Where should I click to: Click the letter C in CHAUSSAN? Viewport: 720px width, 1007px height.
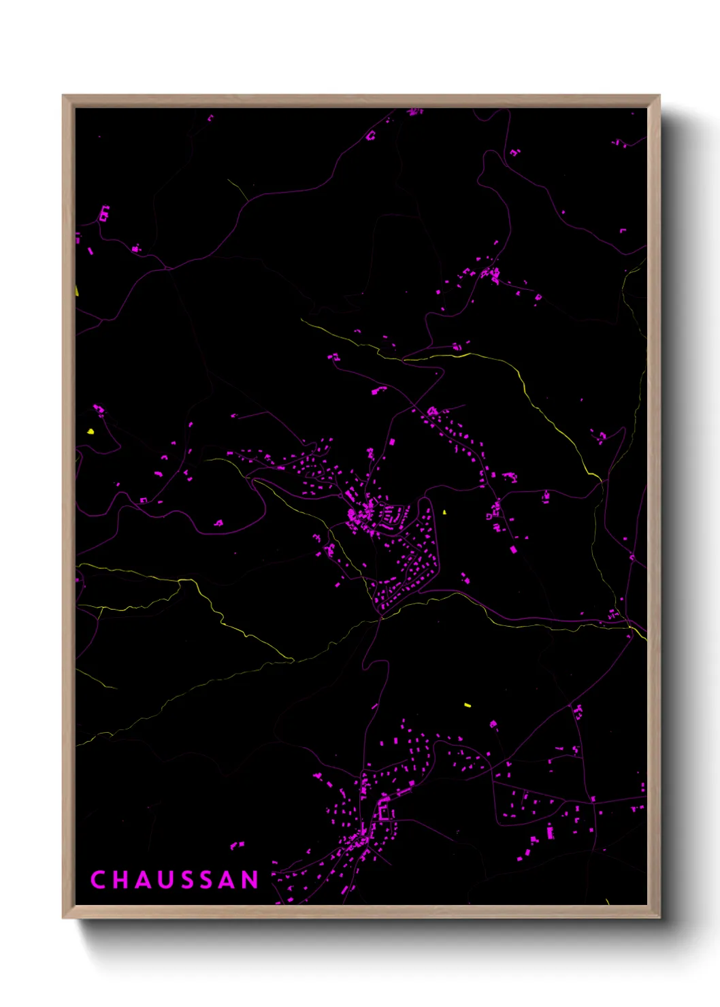[98, 880]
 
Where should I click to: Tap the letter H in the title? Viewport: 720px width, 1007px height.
[120, 880]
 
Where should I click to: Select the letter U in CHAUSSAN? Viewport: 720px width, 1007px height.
[165, 880]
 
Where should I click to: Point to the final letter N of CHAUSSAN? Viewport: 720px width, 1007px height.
[250, 880]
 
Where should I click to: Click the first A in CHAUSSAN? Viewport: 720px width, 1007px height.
[143, 880]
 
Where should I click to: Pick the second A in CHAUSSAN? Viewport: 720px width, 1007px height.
[228, 880]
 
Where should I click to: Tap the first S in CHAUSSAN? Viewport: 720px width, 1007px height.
[186, 880]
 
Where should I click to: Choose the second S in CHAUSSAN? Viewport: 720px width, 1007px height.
[207, 880]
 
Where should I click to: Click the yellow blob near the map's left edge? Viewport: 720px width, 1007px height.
[91, 431]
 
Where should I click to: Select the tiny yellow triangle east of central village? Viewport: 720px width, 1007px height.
[444, 512]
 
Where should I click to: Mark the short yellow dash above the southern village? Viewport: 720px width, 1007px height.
[468, 705]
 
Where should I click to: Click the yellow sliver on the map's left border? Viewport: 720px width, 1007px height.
[77, 291]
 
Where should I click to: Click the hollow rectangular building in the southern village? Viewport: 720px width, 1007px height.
[384, 811]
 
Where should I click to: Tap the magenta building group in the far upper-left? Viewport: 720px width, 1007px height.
[104, 214]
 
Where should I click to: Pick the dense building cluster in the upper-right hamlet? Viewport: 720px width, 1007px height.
[491, 274]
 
